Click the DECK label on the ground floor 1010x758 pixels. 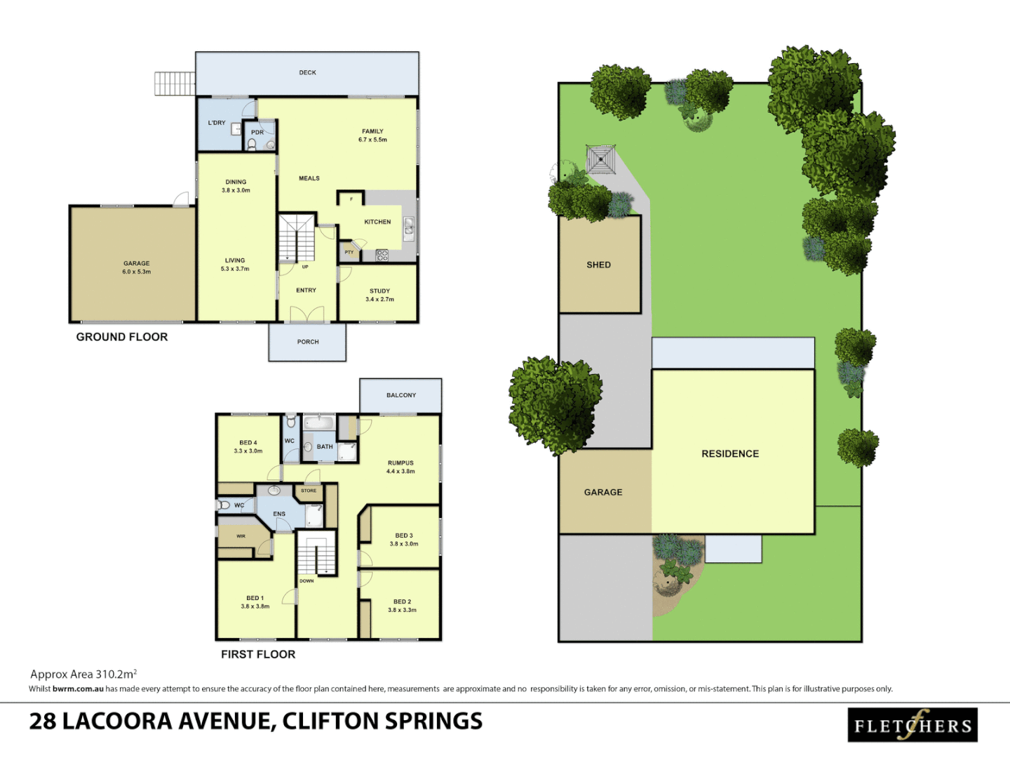307,72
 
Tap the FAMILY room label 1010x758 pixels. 372,131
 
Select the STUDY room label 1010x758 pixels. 379,291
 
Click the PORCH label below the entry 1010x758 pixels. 308,342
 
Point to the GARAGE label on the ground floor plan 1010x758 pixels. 137,264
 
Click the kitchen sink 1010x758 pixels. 409,227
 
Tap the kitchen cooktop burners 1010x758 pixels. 382,255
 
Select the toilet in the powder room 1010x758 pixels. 252,145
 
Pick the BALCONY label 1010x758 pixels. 401,395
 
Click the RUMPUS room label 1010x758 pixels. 400,463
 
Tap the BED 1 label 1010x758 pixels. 255,598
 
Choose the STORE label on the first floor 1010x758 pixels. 309,491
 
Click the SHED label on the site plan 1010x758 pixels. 598,265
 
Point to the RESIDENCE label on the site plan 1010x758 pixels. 730,454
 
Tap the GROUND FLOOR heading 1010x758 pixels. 122,337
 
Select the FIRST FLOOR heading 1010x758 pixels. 258,654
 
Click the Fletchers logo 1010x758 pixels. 912,725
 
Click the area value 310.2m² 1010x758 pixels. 116,674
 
